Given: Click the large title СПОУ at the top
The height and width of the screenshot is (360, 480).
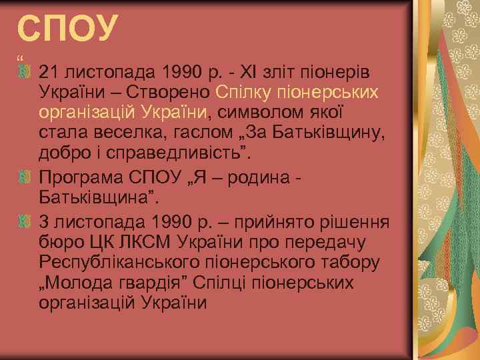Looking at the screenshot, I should tap(68, 28).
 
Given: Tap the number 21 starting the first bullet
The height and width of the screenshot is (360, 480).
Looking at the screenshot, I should tap(49, 71).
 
